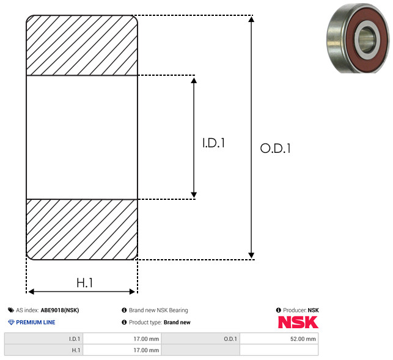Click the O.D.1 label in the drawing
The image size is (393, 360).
point(276,148)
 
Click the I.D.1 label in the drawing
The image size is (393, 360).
point(213,143)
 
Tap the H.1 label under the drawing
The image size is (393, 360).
point(85,283)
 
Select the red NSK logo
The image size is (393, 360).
point(298,322)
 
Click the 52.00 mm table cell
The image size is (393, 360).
point(279,339)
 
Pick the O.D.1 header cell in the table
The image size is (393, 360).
point(200,339)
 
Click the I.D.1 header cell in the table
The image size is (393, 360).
point(43,339)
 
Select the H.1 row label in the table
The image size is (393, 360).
point(43,350)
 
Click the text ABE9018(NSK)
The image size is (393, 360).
point(60,310)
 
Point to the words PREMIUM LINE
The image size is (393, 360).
point(35,322)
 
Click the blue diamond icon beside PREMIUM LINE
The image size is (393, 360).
point(11,322)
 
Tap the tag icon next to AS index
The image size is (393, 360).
point(11,310)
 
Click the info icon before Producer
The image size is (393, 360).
point(278,310)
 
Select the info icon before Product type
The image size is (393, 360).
point(124,322)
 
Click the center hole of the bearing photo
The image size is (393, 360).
point(367,40)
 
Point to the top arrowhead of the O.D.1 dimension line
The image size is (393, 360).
point(251,19)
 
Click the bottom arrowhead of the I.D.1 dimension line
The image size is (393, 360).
point(194,195)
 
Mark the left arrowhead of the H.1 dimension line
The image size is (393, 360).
point(31,292)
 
